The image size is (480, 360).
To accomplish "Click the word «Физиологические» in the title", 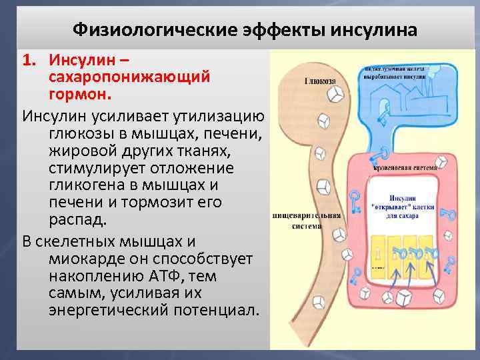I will click(x=137, y=31).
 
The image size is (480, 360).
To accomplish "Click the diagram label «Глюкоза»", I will click(x=321, y=81).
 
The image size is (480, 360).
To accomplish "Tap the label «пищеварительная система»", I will click(x=307, y=220).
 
